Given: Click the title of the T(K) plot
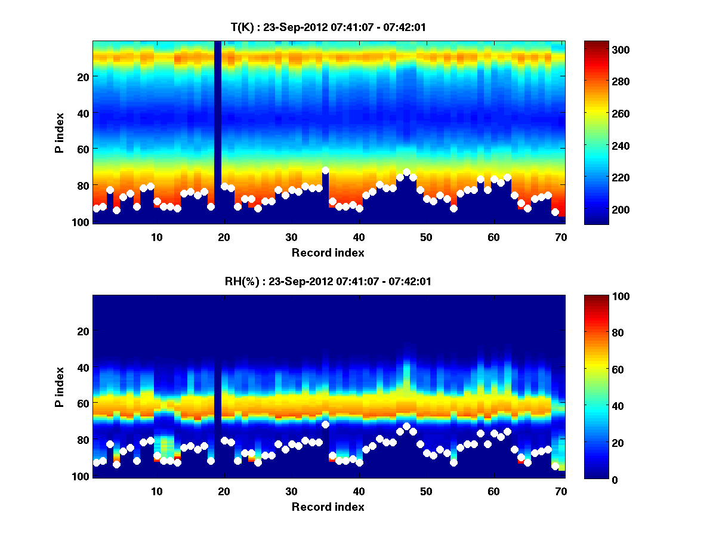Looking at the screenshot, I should (x=328, y=27).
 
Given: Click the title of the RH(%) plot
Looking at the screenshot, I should (x=328, y=282).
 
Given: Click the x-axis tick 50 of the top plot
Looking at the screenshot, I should (x=426, y=237).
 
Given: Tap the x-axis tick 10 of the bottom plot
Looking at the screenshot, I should (x=156, y=492).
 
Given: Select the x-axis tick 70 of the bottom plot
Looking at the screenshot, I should (x=561, y=492).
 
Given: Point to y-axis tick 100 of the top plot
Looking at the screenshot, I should (x=82, y=222).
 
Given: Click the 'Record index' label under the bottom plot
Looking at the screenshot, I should (x=328, y=507).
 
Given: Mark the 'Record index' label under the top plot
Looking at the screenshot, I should (x=328, y=252).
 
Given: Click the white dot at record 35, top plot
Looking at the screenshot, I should (x=325, y=170).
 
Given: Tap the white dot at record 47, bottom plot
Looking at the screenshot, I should (x=406, y=426).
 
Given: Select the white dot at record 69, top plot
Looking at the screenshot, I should (x=555, y=212).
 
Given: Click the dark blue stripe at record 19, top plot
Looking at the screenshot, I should (x=217, y=131).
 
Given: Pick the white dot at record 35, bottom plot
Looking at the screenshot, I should (x=325, y=424).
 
